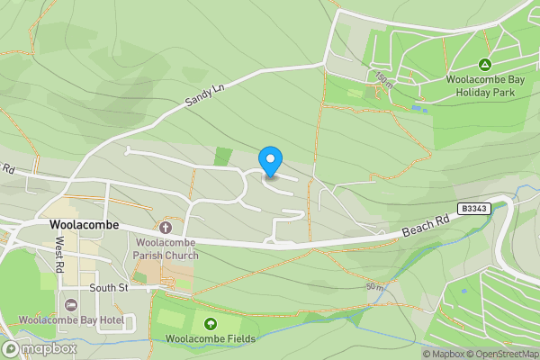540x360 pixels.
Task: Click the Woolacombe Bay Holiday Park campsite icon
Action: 485,65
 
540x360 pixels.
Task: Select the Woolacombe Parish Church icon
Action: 166,227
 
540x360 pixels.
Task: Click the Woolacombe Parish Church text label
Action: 166,248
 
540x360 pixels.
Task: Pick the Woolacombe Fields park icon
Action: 211,324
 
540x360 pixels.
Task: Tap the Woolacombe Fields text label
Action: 211,339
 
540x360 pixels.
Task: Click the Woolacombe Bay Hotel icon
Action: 71,303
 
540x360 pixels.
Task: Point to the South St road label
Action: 110,288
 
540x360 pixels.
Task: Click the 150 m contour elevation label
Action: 383,79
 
